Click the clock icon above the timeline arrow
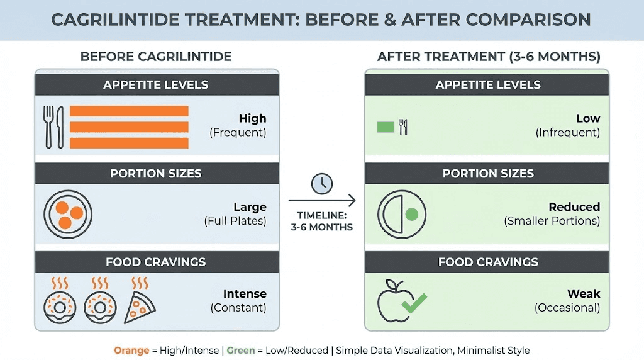tap(322, 184)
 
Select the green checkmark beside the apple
tap(413, 303)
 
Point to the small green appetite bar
tap(385, 127)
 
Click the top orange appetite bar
tap(129, 111)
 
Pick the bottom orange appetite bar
tap(129, 143)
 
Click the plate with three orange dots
tap(69, 214)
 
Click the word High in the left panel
tap(252, 118)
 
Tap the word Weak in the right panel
tap(584, 294)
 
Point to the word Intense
tap(245, 294)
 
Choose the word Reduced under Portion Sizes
tap(574, 207)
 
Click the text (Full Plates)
tap(235, 221)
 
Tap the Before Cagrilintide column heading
tap(156, 57)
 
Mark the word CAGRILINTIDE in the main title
tap(118, 20)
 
